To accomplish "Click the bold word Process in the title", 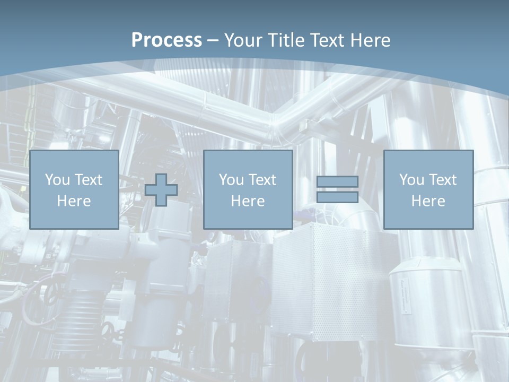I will [166, 40].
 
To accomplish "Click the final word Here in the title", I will [371, 40].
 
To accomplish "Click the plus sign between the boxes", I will [161, 190].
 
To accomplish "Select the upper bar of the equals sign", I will [337, 181].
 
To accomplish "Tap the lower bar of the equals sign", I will [337, 197].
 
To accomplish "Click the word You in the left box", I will [57, 180].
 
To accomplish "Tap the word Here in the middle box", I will [248, 201].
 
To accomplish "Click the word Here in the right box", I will [428, 201].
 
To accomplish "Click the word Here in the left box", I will [74, 201].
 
